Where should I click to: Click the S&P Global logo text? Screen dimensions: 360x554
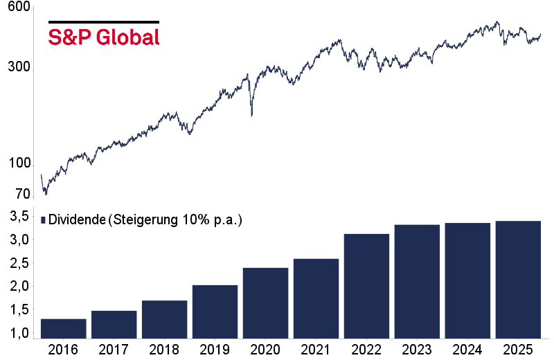point(104,37)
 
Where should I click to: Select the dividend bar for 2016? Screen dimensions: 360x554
point(63,329)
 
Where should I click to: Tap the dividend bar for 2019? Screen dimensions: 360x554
point(215,312)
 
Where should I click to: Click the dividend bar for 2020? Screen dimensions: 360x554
point(265,303)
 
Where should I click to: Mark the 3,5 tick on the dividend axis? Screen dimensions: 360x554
point(19,217)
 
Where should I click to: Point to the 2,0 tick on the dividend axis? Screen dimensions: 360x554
point(19,287)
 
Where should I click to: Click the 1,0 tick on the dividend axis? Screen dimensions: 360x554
point(19,333)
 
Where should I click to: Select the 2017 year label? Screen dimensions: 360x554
point(114,349)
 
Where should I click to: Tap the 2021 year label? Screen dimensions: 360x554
point(316,349)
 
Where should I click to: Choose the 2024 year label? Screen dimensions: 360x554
point(467,349)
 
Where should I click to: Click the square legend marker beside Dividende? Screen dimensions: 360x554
point(44,220)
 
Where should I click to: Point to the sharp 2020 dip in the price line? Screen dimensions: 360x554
point(251,115)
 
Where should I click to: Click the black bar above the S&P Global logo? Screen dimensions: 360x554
point(104,22)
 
